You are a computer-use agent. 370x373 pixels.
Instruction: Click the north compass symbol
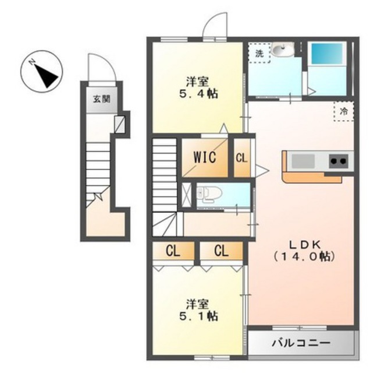point(41,72)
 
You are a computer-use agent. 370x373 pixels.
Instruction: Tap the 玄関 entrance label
point(102,99)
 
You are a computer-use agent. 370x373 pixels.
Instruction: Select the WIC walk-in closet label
point(205,157)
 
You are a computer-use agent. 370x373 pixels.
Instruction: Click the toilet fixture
point(209,194)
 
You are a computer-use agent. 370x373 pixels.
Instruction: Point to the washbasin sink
point(283,50)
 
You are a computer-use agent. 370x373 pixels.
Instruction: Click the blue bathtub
point(328,53)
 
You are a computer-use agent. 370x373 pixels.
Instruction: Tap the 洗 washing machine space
point(259,53)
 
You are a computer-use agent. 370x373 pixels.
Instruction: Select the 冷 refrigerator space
point(344,111)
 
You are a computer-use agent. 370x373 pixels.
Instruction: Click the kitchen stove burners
point(339,161)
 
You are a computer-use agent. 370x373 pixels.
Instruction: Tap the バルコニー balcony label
point(301,343)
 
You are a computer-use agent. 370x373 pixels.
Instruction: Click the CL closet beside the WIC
point(242,158)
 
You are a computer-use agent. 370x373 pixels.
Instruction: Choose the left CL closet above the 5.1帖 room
point(173,251)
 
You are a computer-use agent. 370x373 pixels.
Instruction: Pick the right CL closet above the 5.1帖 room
point(221,251)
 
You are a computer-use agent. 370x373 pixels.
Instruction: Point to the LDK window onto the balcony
point(300,328)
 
